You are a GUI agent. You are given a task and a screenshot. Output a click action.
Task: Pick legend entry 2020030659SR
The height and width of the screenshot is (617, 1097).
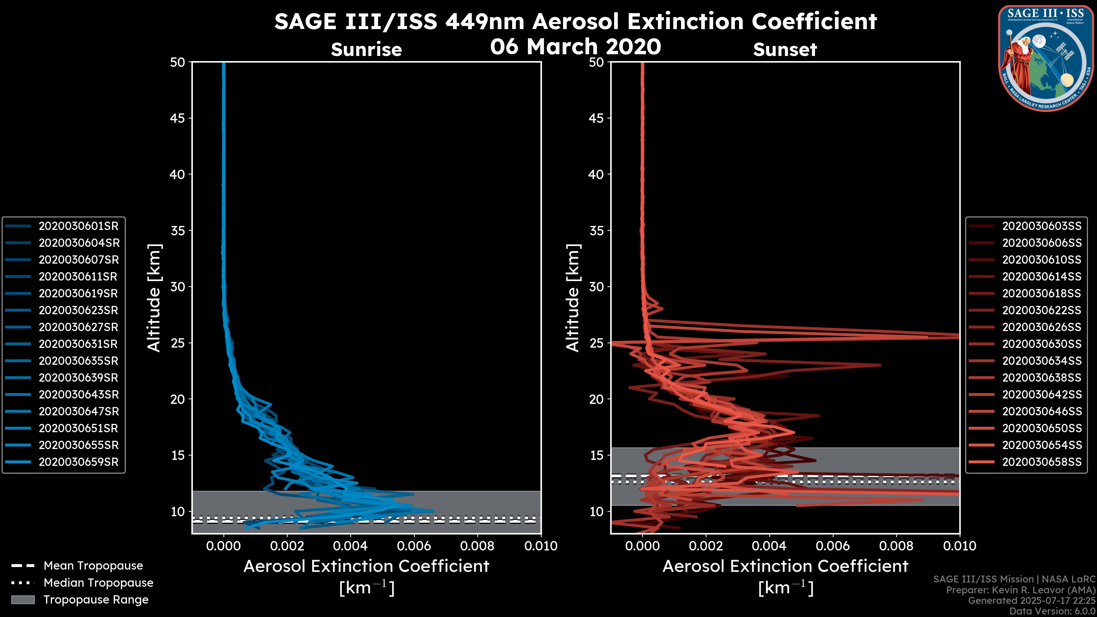click(78, 462)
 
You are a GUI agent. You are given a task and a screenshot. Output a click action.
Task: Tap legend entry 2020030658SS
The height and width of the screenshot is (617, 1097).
click(1041, 462)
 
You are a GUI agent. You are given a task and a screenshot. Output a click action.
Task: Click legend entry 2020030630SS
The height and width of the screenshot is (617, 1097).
click(1041, 344)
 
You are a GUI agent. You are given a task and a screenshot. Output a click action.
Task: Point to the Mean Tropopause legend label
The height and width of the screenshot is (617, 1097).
click(93, 566)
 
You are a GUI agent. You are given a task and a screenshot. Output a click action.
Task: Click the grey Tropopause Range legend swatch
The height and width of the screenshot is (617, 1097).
click(23, 600)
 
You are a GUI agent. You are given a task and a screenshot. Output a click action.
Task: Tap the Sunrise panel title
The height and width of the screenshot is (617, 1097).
click(366, 49)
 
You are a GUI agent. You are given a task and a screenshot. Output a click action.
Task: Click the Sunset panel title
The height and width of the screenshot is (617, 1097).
click(785, 49)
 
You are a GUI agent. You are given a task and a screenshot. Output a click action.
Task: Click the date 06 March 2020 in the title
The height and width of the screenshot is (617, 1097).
click(575, 46)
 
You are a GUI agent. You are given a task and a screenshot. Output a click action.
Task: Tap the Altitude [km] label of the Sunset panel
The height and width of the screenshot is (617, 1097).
click(573, 298)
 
